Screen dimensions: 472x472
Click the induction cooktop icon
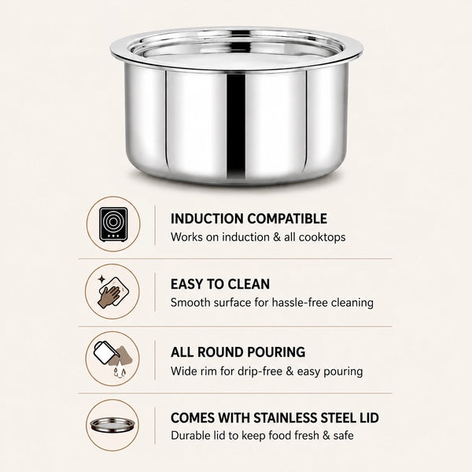(113, 224)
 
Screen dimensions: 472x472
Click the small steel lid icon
(112, 425)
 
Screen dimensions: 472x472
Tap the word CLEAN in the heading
(249, 284)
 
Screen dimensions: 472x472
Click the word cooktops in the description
(322, 238)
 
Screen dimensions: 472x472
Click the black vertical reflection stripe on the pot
(236, 127)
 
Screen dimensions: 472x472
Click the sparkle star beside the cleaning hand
(101, 279)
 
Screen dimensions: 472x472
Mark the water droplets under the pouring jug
(120, 371)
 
